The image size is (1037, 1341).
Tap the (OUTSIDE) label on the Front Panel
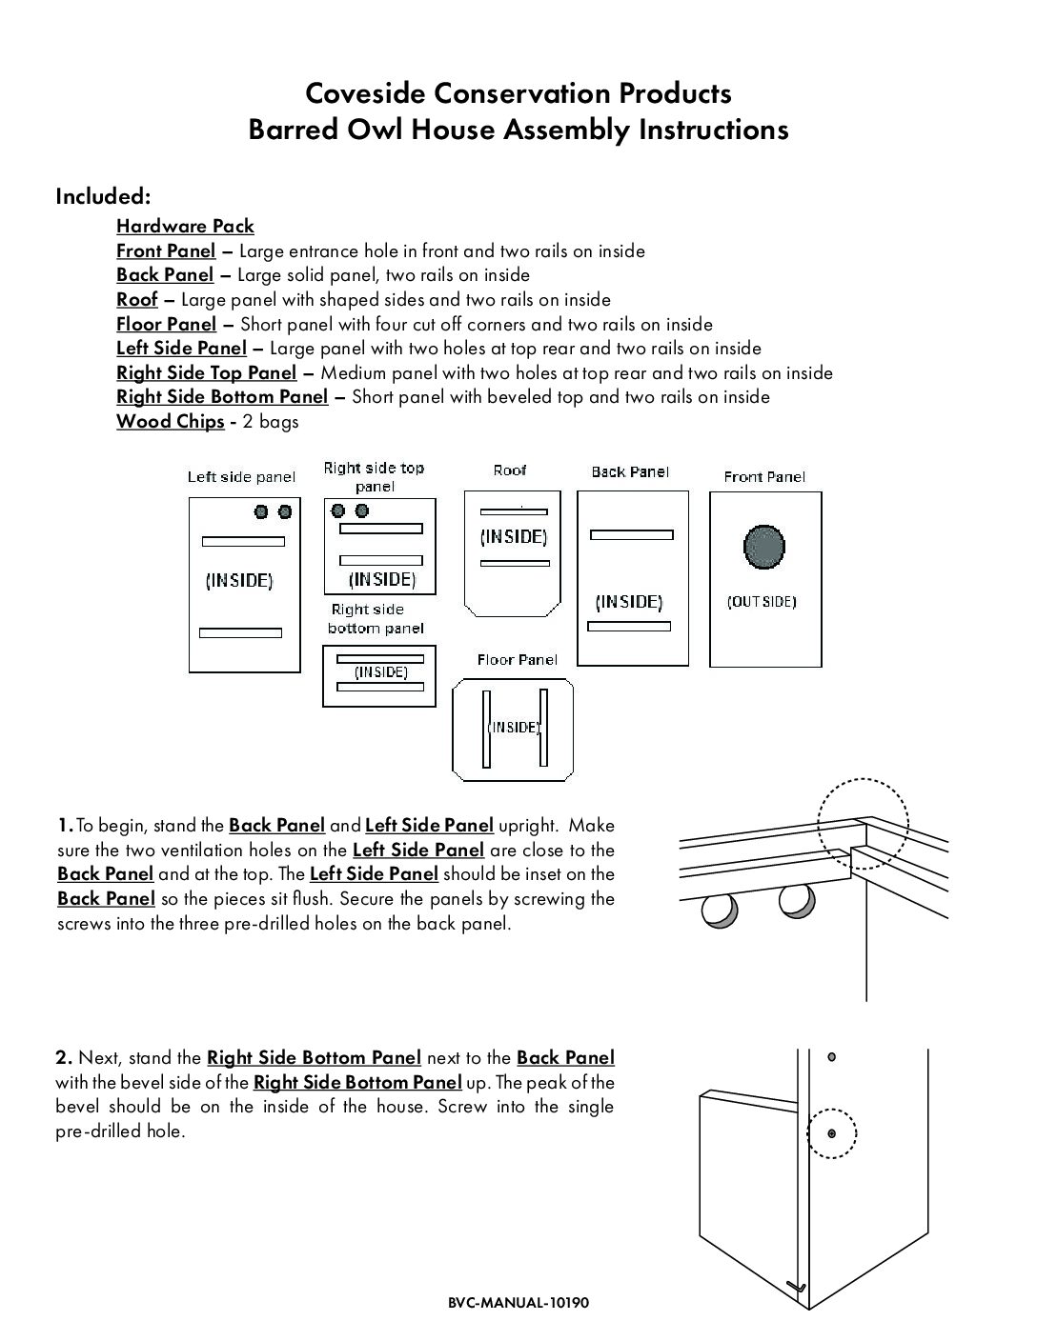[762, 602]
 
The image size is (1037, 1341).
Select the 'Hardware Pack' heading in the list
[185, 226]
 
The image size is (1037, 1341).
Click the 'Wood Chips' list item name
[170, 421]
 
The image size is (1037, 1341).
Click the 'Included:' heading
[103, 196]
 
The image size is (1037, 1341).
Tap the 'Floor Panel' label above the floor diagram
[517, 660]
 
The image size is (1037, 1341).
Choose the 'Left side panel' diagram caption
[241, 477]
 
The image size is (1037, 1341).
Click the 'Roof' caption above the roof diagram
[510, 470]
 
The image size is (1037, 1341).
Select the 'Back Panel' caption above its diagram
[630, 471]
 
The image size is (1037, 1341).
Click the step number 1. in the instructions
[64, 825]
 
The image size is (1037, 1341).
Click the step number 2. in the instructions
[64, 1057]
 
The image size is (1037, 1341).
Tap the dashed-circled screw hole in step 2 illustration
[832, 1133]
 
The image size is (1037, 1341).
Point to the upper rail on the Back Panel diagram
[632, 535]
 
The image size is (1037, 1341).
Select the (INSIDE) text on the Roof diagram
[514, 537]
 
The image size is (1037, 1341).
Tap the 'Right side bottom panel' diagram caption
[376, 619]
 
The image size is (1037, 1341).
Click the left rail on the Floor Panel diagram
[486, 729]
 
